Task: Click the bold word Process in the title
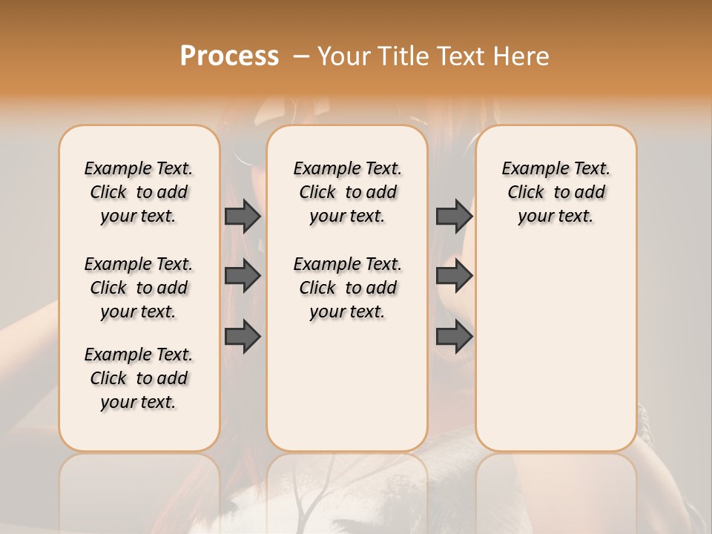(229, 56)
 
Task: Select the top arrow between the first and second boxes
(243, 216)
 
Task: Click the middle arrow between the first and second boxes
(243, 276)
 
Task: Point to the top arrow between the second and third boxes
(454, 216)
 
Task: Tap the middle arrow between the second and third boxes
(454, 276)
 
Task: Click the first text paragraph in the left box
(139, 192)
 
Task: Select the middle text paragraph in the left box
(139, 288)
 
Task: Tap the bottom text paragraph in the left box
(139, 378)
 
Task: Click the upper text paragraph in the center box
(347, 192)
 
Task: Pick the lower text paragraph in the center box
(347, 288)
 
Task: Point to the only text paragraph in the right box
(556, 192)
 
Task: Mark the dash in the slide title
(301, 56)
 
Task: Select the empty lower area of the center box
(347, 386)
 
